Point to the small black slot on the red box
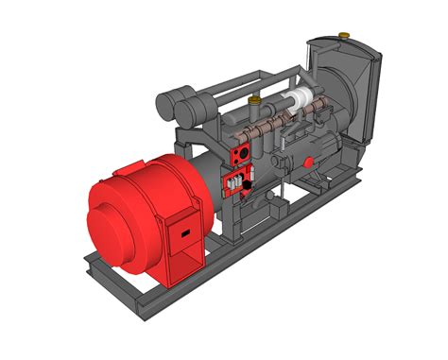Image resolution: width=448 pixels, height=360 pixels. coord(186,231)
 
